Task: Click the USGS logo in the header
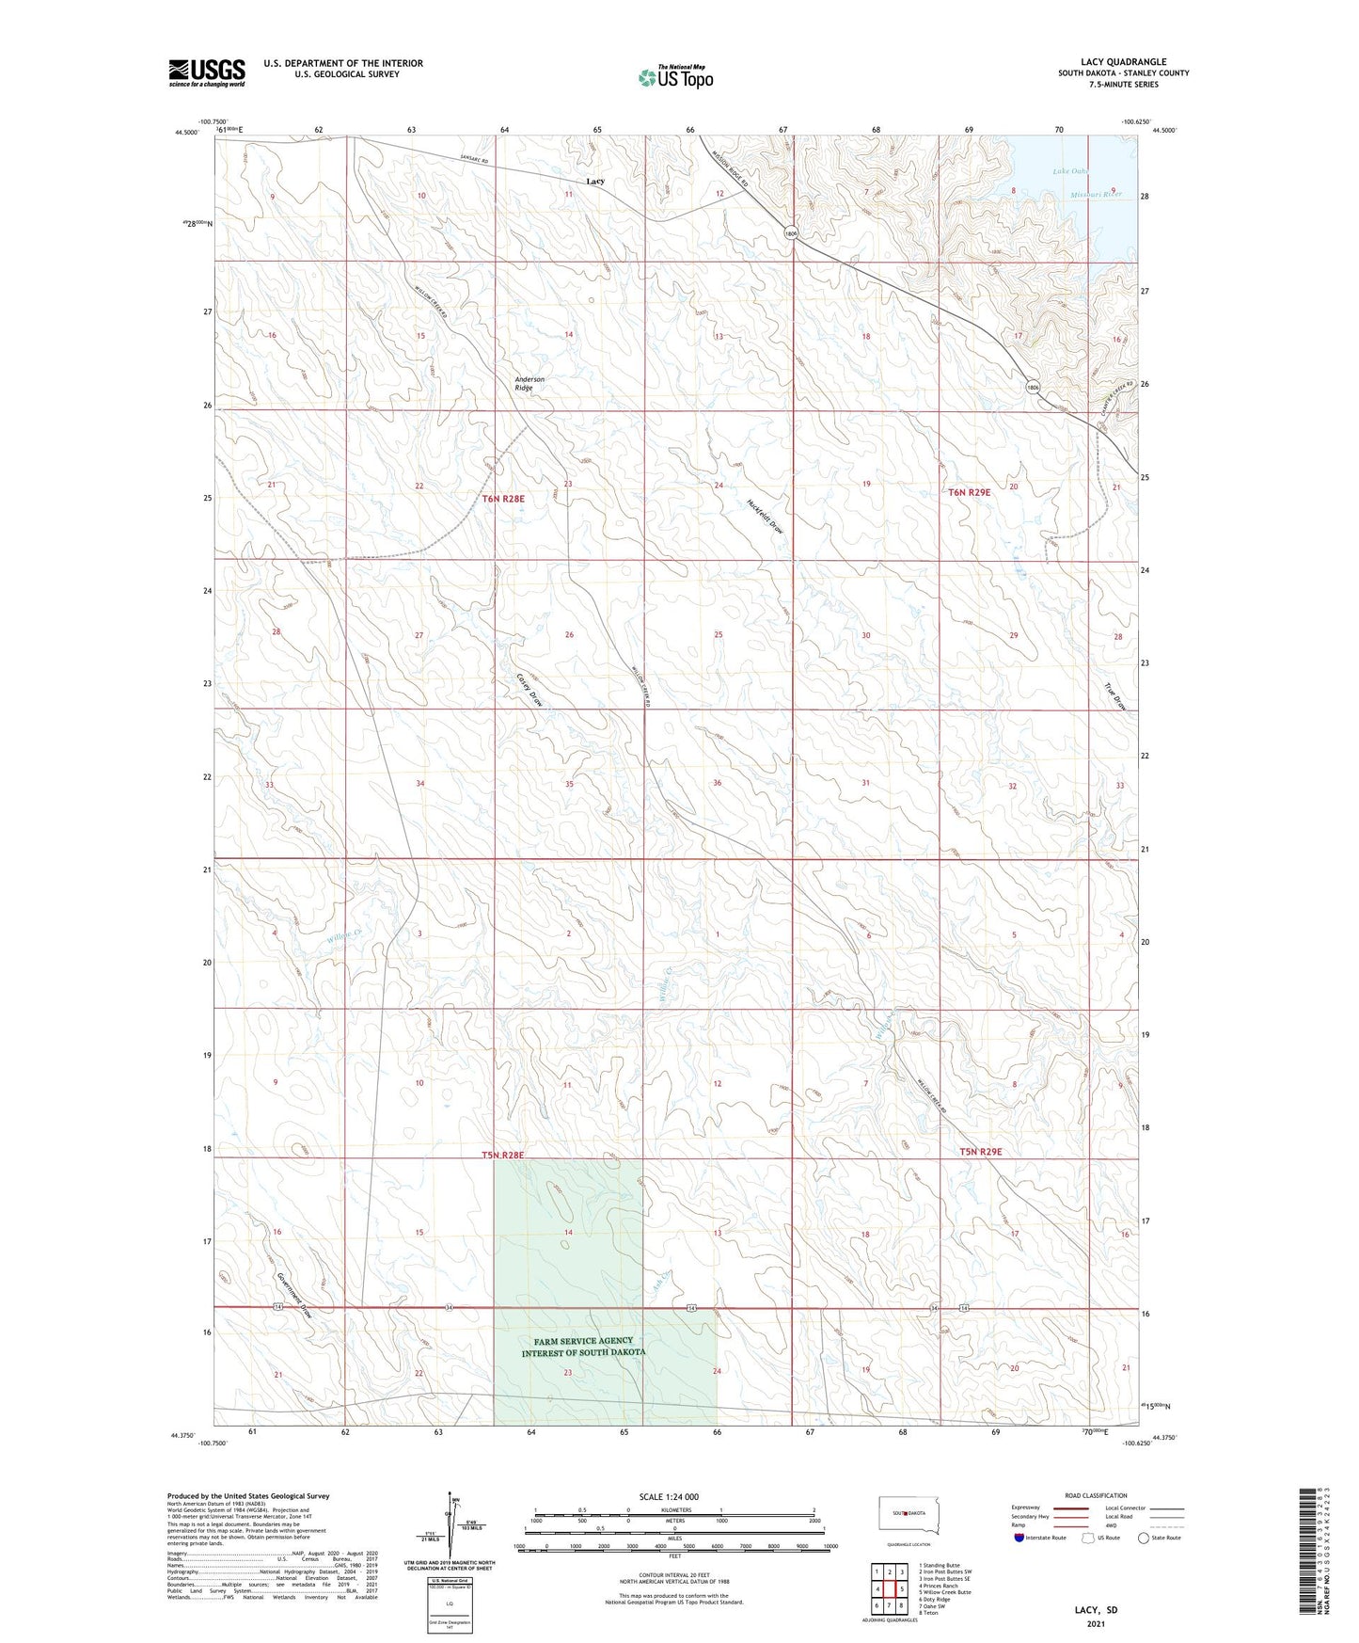coord(207,72)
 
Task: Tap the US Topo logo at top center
coord(675,77)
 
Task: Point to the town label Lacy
coord(594,181)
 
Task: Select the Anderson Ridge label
coord(529,383)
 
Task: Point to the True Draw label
coord(1114,696)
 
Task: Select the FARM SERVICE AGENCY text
coord(583,1341)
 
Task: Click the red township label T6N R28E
coord(502,498)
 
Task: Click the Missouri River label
coord(1096,194)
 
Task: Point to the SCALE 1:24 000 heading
coord(669,1497)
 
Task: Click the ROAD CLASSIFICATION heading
coord(1096,1495)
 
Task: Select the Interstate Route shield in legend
coord(1020,1539)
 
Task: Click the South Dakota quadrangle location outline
coord(902,1513)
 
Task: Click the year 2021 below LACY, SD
coord(1096,1623)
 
